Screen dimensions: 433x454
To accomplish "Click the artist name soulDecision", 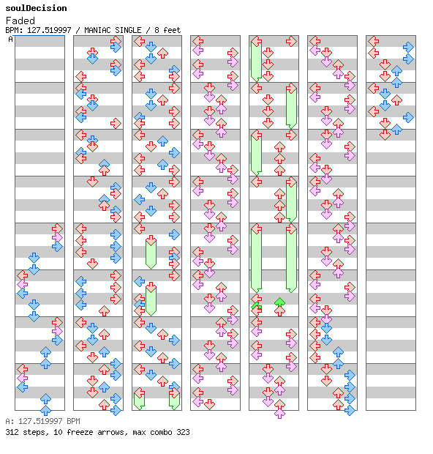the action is click(36, 8).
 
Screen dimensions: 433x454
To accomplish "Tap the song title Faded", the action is click(20, 21).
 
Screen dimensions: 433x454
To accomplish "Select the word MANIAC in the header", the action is click(97, 30).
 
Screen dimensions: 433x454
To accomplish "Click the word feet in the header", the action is click(172, 30).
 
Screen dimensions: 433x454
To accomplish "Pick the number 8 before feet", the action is click(157, 30).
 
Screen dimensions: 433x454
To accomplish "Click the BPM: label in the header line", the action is click(15, 30).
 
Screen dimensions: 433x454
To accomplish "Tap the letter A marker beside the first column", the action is click(11, 39).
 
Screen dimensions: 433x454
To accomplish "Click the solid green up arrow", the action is click(279, 302).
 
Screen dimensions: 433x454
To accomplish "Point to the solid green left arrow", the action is click(256, 305).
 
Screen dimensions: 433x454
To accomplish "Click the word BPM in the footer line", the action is click(73, 421).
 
